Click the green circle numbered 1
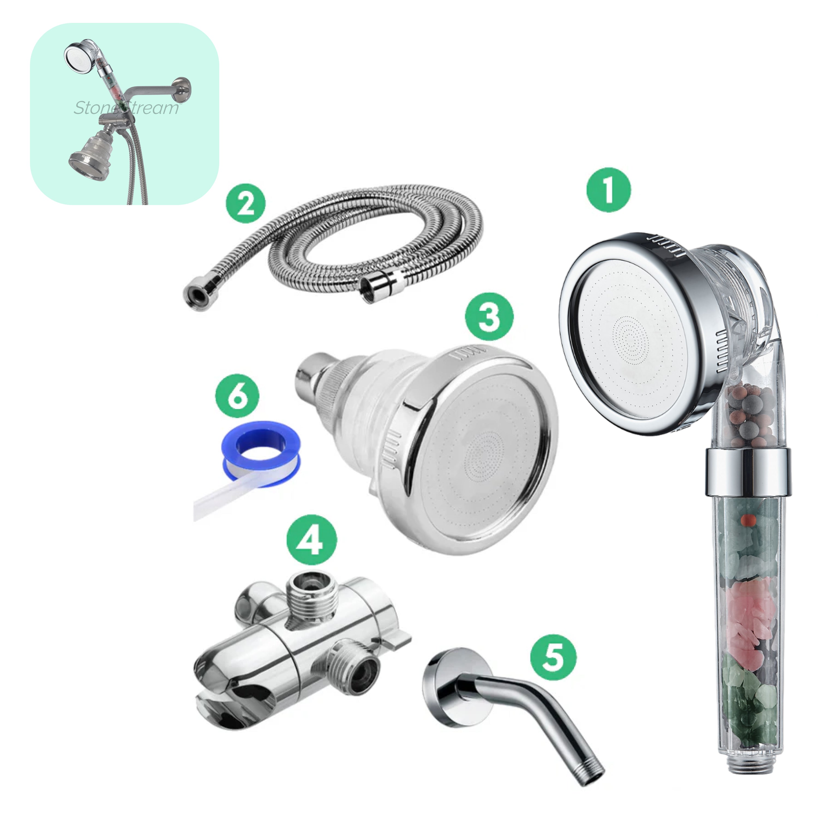[608, 190]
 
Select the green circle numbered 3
[489, 316]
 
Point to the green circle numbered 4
[312, 540]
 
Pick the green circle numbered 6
[237, 395]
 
